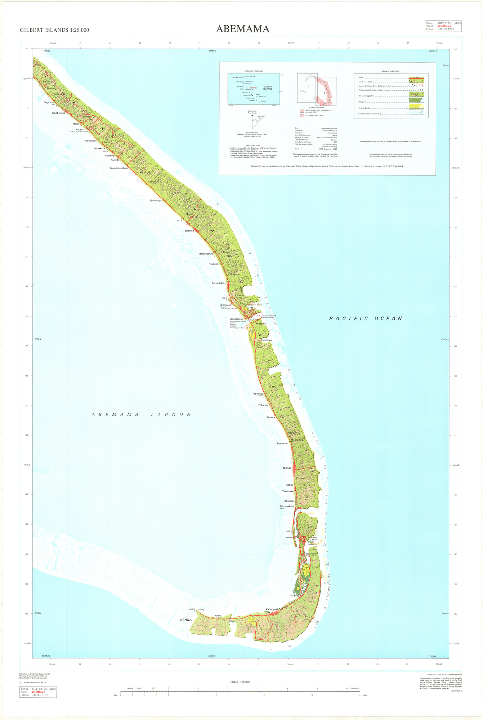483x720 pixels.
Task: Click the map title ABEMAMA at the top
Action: point(242,29)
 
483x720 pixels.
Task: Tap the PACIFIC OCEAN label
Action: point(366,318)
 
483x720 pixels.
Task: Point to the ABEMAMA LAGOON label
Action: point(141,415)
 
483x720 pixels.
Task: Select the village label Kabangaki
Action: point(272,609)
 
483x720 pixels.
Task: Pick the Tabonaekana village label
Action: point(287,506)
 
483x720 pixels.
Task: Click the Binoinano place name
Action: point(226,305)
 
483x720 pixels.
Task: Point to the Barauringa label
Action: point(156,200)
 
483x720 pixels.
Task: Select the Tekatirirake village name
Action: point(58,113)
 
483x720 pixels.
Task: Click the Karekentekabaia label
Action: point(118,168)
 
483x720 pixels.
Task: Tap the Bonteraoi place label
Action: point(282,443)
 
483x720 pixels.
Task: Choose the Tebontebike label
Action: point(219,283)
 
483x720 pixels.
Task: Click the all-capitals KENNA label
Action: point(186,620)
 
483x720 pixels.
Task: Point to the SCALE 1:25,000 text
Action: point(240,682)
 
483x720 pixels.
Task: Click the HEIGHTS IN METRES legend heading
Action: point(390,71)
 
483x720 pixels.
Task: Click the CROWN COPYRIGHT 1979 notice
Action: point(33,682)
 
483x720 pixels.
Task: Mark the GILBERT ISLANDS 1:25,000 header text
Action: point(54,30)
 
